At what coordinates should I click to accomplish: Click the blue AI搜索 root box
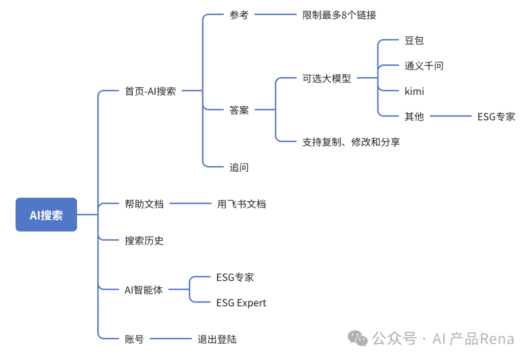tap(46, 215)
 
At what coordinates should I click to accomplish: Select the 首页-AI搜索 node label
tap(150, 91)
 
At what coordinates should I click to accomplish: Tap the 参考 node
tap(239, 15)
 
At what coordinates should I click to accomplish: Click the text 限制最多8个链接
tap(339, 15)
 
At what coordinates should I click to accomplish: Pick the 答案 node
tap(239, 110)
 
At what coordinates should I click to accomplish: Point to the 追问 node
tap(239, 167)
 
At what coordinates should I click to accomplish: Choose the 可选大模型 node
tap(326, 78)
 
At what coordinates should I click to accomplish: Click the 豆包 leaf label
tap(414, 40)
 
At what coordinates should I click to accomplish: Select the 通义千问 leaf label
tap(424, 66)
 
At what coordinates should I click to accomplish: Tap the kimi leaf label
tap(414, 91)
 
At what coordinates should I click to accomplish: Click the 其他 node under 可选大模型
tap(414, 117)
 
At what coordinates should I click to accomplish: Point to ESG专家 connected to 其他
tap(496, 117)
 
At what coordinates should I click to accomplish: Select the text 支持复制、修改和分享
tap(351, 142)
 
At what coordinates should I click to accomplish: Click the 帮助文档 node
tap(144, 204)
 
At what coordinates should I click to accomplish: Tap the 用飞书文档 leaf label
tap(241, 204)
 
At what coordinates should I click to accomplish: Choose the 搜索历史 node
tap(144, 240)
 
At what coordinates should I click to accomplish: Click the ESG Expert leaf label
tap(241, 303)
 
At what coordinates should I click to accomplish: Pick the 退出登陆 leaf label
tap(217, 339)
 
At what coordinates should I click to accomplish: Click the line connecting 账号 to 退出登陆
tap(170, 338)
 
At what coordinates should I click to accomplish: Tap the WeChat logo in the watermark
tap(358, 338)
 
